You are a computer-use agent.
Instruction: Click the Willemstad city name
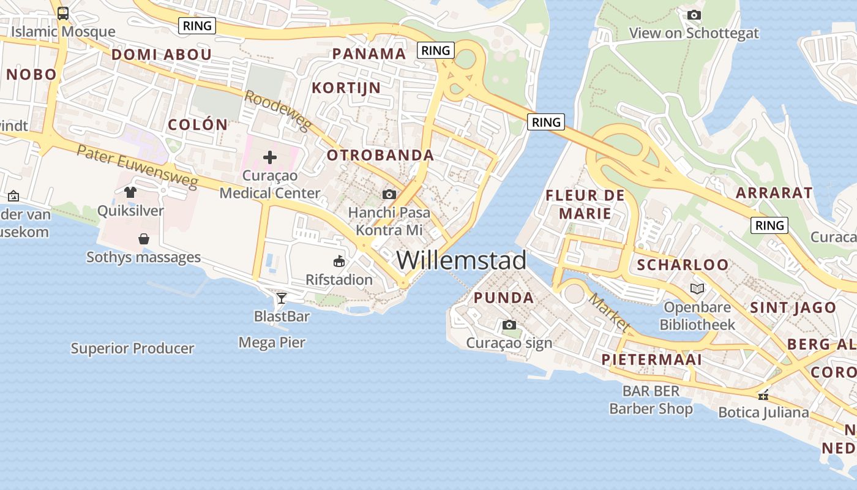click(461, 260)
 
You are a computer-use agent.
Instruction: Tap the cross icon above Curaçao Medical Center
click(270, 157)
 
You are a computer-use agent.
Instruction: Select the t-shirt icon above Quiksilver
click(130, 192)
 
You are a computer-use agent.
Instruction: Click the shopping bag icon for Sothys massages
click(144, 238)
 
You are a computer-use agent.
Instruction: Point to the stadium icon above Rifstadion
click(339, 262)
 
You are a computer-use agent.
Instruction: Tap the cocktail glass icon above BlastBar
click(281, 298)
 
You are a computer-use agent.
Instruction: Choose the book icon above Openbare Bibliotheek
click(697, 288)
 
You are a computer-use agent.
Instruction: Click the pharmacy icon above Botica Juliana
click(763, 395)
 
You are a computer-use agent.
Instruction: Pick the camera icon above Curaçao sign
click(509, 325)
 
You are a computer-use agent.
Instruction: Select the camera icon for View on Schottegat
click(694, 15)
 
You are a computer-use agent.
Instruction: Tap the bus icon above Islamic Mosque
click(62, 13)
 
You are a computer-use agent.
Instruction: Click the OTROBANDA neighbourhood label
click(380, 156)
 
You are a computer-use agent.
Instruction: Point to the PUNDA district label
click(504, 298)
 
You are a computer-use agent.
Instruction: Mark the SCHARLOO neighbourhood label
click(683, 265)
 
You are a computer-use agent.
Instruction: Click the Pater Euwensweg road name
click(137, 165)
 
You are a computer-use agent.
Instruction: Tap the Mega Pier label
click(272, 342)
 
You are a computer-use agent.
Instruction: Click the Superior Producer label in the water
click(132, 349)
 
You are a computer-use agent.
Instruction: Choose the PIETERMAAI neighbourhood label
click(651, 360)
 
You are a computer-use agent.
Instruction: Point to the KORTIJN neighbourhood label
click(346, 88)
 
